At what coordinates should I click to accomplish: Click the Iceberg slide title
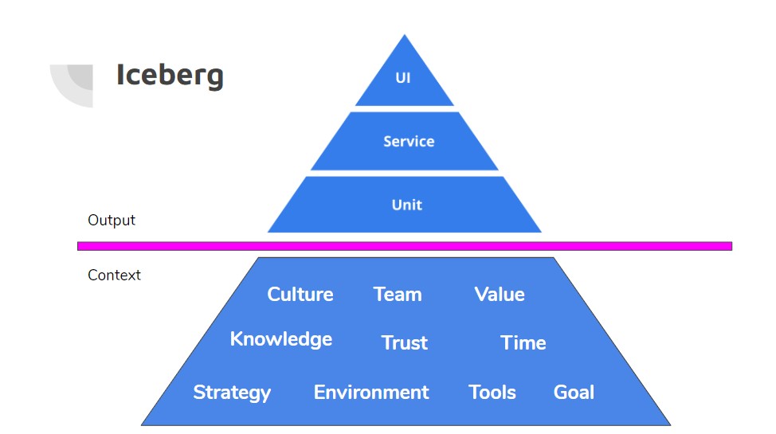[170, 75]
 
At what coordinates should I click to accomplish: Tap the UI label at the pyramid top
[403, 79]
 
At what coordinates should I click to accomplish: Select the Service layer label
[409, 142]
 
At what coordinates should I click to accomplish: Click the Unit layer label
[406, 205]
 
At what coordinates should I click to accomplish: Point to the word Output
[112, 221]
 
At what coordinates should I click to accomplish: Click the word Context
[114, 276]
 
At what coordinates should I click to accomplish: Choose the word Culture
[300, 295]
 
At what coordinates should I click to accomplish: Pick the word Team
[397, 295]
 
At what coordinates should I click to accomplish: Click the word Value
[499, 295]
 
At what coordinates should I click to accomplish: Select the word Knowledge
[280, 339]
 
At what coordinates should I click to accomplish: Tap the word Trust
[404, 343]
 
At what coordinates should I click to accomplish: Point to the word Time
[523, 343]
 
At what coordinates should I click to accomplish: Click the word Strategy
[232, 393]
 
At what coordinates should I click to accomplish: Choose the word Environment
[370, 393]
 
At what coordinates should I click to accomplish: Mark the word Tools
[492, 393]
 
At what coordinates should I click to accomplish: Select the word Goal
[574, 393]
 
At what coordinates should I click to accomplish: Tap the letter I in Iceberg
[120, 75]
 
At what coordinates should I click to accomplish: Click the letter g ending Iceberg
[214, 78]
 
